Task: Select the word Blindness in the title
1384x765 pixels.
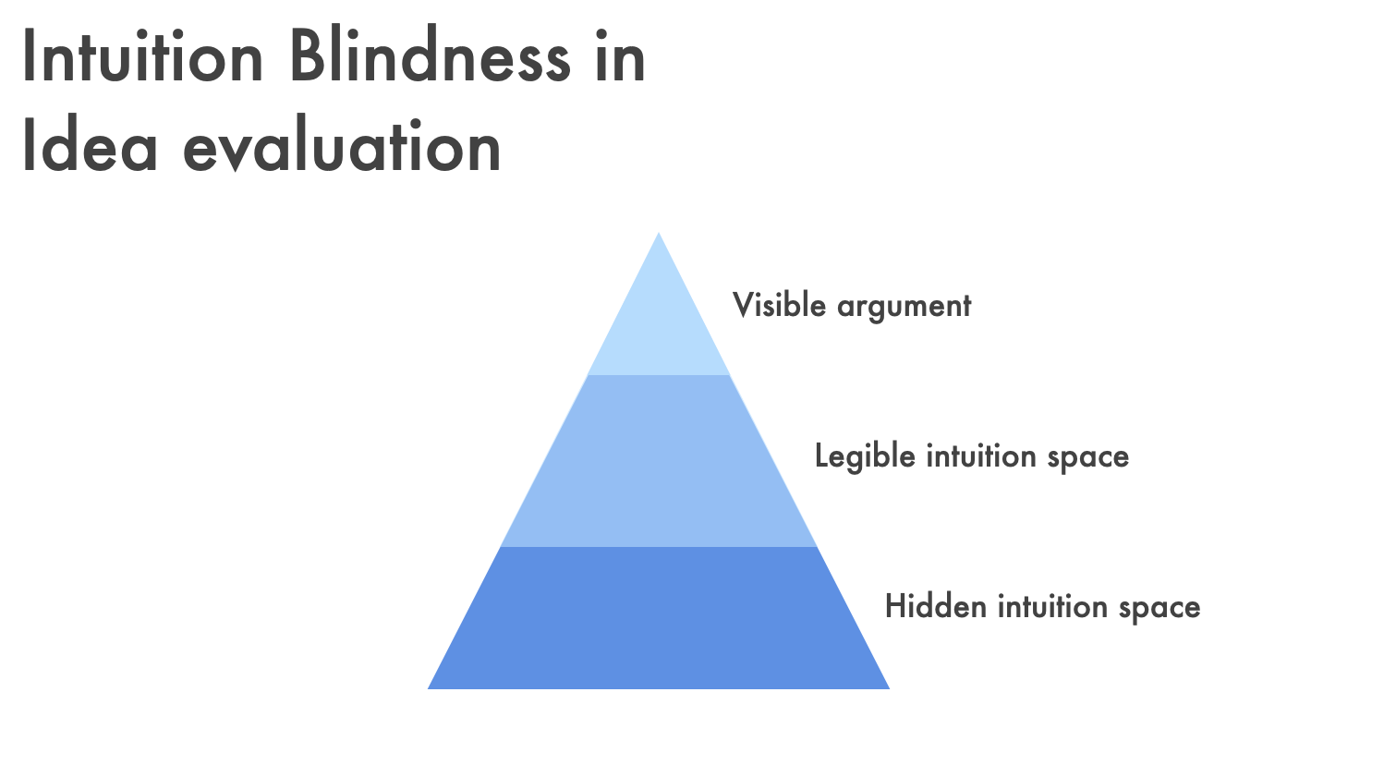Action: coord(431,55)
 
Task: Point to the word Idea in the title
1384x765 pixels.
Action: coord(90,145)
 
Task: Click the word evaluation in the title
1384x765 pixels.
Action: coord(342,145)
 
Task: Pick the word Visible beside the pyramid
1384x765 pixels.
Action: coord(779,305)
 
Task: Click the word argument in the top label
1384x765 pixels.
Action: coord(904,308)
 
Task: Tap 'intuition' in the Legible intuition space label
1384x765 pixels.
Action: coord(981,455)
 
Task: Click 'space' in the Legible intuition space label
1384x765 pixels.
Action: coord(1088,459)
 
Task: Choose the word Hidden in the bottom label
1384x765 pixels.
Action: coord(935,605)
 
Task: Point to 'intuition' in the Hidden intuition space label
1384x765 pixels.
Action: coord(1052,605)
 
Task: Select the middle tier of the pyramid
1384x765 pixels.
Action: coord(659,461)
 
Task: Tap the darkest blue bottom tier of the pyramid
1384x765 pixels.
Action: coord(659,618)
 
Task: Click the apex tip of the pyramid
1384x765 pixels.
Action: coord(659,233)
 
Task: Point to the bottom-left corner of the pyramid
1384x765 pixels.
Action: coord(428,689)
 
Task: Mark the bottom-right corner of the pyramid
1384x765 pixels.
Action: coord(889,689)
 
